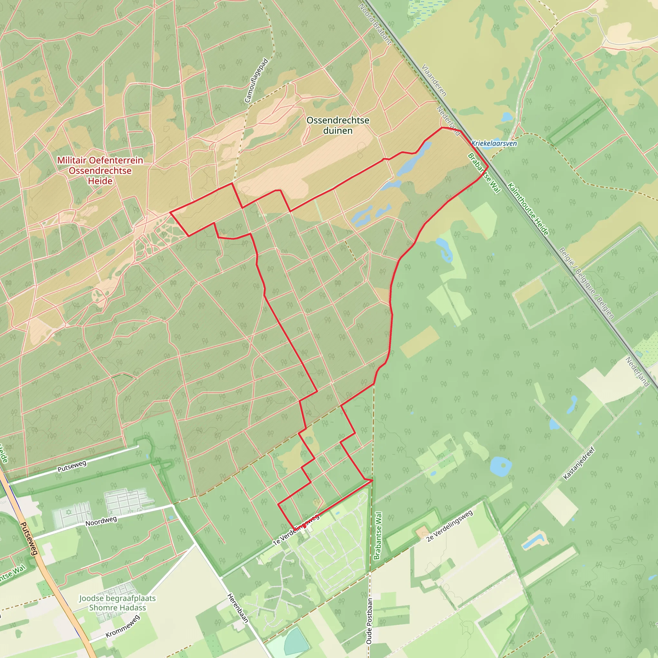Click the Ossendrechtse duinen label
338,125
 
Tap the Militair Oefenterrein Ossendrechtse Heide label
100,170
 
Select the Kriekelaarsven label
494,143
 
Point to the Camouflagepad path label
256,81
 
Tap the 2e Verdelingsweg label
449,526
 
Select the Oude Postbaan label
369,621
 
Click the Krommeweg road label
123,626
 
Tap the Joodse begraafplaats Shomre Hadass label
117,602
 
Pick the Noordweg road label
101,521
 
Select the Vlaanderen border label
433,80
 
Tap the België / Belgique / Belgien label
586,283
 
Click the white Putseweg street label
72,466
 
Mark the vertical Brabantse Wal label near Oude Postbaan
378,536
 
